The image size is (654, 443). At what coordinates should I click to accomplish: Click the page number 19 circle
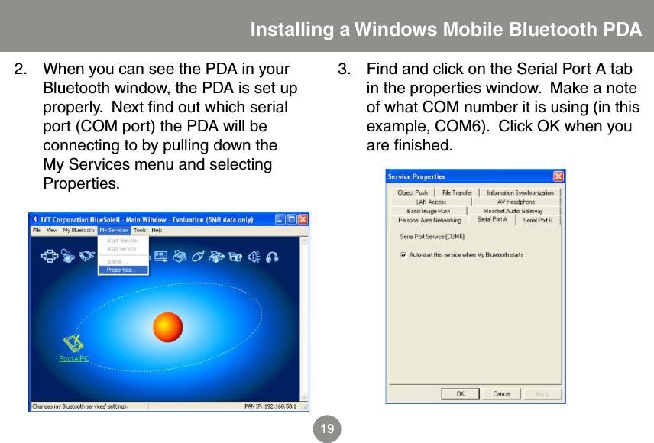click(327, 429)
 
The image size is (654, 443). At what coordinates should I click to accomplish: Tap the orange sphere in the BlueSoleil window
click(167, 327)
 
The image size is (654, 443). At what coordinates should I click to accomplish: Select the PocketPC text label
click(73, 357)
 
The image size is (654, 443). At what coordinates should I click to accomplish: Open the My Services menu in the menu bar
click(113, 230)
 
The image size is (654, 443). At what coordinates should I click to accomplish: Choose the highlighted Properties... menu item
click(122, 270)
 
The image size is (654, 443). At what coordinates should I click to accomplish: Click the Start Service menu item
click(121, 241)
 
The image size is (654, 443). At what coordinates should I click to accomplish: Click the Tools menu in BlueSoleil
click(140, 230)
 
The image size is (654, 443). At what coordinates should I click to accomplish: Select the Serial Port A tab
click(492, 219)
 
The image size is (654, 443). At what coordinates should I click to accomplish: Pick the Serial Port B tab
click(538, 220)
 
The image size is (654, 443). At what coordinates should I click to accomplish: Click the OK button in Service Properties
click(461, 393)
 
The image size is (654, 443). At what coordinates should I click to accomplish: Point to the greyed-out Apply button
click(542, 393)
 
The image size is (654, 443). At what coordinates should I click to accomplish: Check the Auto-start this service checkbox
click(403, 254)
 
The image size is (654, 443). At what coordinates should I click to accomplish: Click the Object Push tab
click(413, 192)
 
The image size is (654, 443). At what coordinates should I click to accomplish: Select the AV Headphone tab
click(516, 202)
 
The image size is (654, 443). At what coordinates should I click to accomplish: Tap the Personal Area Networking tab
click(429, 220)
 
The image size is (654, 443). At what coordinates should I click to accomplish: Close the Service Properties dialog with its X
click(558, 176)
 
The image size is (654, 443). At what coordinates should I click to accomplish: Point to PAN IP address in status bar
click(272, 406)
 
